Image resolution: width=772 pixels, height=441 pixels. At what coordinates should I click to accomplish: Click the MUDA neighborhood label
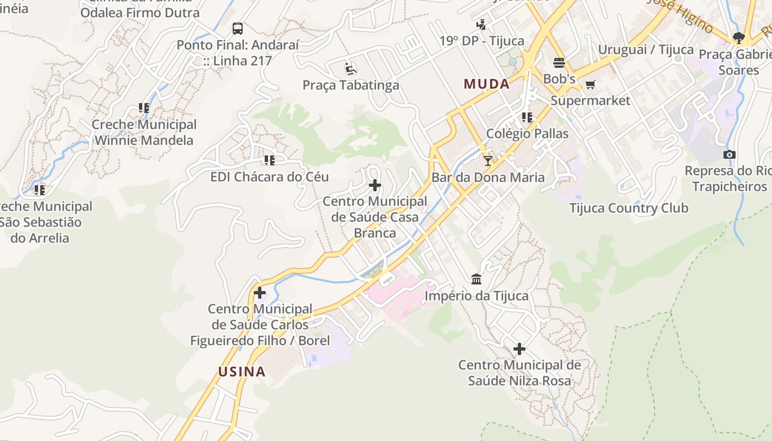(x=486, y=84)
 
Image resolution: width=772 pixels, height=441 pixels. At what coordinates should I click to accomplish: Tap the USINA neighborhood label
(x=242, y=372)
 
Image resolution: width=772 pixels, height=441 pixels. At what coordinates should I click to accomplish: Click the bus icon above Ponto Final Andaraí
(x=238, y=29)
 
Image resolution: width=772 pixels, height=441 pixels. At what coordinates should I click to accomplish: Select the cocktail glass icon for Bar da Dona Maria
(x=487, y=160)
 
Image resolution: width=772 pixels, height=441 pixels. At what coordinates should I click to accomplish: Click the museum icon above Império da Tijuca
(x=476, y=279)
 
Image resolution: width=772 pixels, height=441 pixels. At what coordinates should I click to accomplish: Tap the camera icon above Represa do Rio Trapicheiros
(x=730, y=154)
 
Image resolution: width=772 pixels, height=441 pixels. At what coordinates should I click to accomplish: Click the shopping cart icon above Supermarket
(x=591, y=84)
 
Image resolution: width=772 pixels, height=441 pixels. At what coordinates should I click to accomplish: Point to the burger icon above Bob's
(x=559, y=62)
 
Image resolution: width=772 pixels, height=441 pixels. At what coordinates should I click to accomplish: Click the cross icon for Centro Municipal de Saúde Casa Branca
(x=375, y=185)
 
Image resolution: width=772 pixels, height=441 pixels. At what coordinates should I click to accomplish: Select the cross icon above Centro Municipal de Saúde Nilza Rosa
(x=519, y=349)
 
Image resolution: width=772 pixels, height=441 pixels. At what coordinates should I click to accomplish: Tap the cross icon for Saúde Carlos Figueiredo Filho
(x=260, y=293)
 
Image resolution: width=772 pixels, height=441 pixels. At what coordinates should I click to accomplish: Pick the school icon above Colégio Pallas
(x=527, y=117)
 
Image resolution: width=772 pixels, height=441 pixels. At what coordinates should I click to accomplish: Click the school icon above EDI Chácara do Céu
(x=269, y=160)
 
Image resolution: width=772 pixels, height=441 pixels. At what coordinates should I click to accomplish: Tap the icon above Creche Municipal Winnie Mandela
(x=144, y=108)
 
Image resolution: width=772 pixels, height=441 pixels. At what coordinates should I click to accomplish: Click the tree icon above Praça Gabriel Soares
(x=739, y=38)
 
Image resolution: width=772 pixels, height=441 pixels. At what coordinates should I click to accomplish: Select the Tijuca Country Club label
(x=629, y=208)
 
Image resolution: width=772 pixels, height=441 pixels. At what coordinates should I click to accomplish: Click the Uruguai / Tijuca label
(x=646, y=49)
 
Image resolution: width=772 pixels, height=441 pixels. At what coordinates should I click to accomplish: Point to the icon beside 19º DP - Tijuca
(x=481, y=24)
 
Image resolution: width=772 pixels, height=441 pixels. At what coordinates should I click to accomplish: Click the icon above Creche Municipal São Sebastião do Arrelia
(x=39, y=190)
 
